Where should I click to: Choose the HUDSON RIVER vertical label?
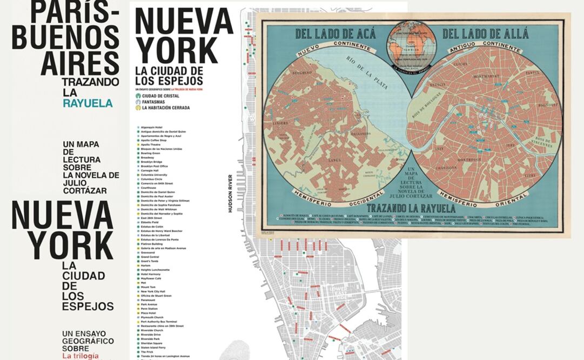click(x=230, y=193)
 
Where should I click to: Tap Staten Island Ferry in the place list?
click(x=154, y=347)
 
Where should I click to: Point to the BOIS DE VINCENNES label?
click(x=543, y=142)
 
